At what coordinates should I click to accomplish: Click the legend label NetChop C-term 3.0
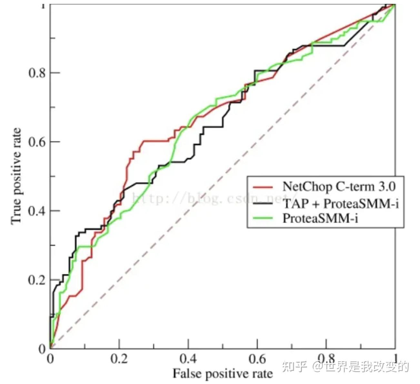tap(338, 187)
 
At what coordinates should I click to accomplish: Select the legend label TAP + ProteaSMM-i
tap(341, 203)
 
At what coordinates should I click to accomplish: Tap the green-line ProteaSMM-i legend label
tap(320, 218)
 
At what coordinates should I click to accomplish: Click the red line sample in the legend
tap(263, 187)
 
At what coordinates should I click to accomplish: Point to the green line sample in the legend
tap(263, 218)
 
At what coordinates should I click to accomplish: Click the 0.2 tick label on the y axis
tap(36, 280)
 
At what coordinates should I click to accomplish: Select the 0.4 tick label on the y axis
tap(36, 211)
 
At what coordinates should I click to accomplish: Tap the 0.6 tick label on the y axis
tap(36, 142)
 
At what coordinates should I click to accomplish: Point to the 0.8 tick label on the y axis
tap(36, 73)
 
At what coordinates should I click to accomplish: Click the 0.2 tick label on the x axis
tap(119, 359)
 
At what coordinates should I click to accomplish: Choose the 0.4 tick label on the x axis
tap(188, 359)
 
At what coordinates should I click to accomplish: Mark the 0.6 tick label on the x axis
tap(257, 359)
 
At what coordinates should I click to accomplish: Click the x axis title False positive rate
tap(223, 374)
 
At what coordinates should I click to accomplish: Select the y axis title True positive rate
tap(16, 176)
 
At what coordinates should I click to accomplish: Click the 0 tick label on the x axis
tap(50, 359)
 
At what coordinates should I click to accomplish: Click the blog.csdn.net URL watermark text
tap(213, 198)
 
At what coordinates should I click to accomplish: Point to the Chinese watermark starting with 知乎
tap(345, 367)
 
